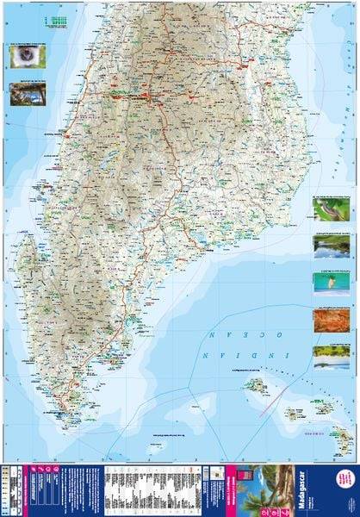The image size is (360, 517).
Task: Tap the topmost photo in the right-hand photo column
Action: (331, 209)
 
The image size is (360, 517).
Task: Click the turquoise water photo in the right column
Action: (331, 282)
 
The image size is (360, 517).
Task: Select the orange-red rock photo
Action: (331, 321)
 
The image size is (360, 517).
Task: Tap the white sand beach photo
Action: (331, 356)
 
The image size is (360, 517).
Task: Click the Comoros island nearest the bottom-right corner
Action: (343, 443)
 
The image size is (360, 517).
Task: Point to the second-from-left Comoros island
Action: (295, 414)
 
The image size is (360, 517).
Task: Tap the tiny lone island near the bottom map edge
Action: (156, 447)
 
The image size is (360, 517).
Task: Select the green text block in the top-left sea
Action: (58, 18)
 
